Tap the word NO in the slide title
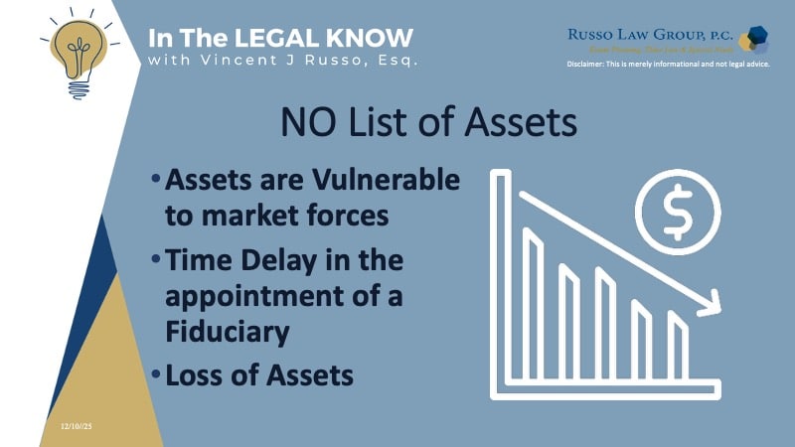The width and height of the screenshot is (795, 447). [309, 124]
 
